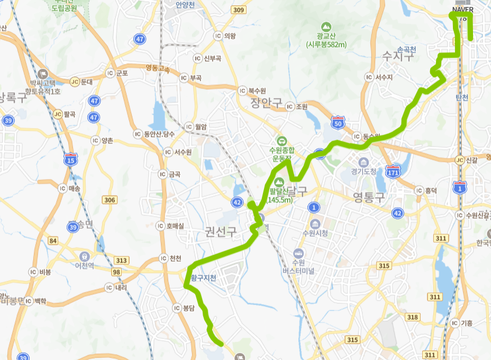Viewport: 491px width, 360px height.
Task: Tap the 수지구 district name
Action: pyautogui.click(x=397, y=56)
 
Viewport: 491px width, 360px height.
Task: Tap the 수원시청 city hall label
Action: pyautogui.click(x=315, y=233)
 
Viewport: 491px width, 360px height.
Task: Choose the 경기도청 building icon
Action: pyautogui.click(x=363, y=161)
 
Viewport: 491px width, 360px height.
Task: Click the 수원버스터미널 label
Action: pyautogui.click(x=298, y=266)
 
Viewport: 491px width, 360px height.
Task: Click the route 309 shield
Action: pyautogui.click(x=239, y=10)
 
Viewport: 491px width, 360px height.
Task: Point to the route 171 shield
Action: pyautogui.click(x=393, y=171)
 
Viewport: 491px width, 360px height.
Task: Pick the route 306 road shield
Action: pyautogui.click(x=110, y=199)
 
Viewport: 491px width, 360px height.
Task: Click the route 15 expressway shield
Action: pyautogui.click(x=70, y=159)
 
